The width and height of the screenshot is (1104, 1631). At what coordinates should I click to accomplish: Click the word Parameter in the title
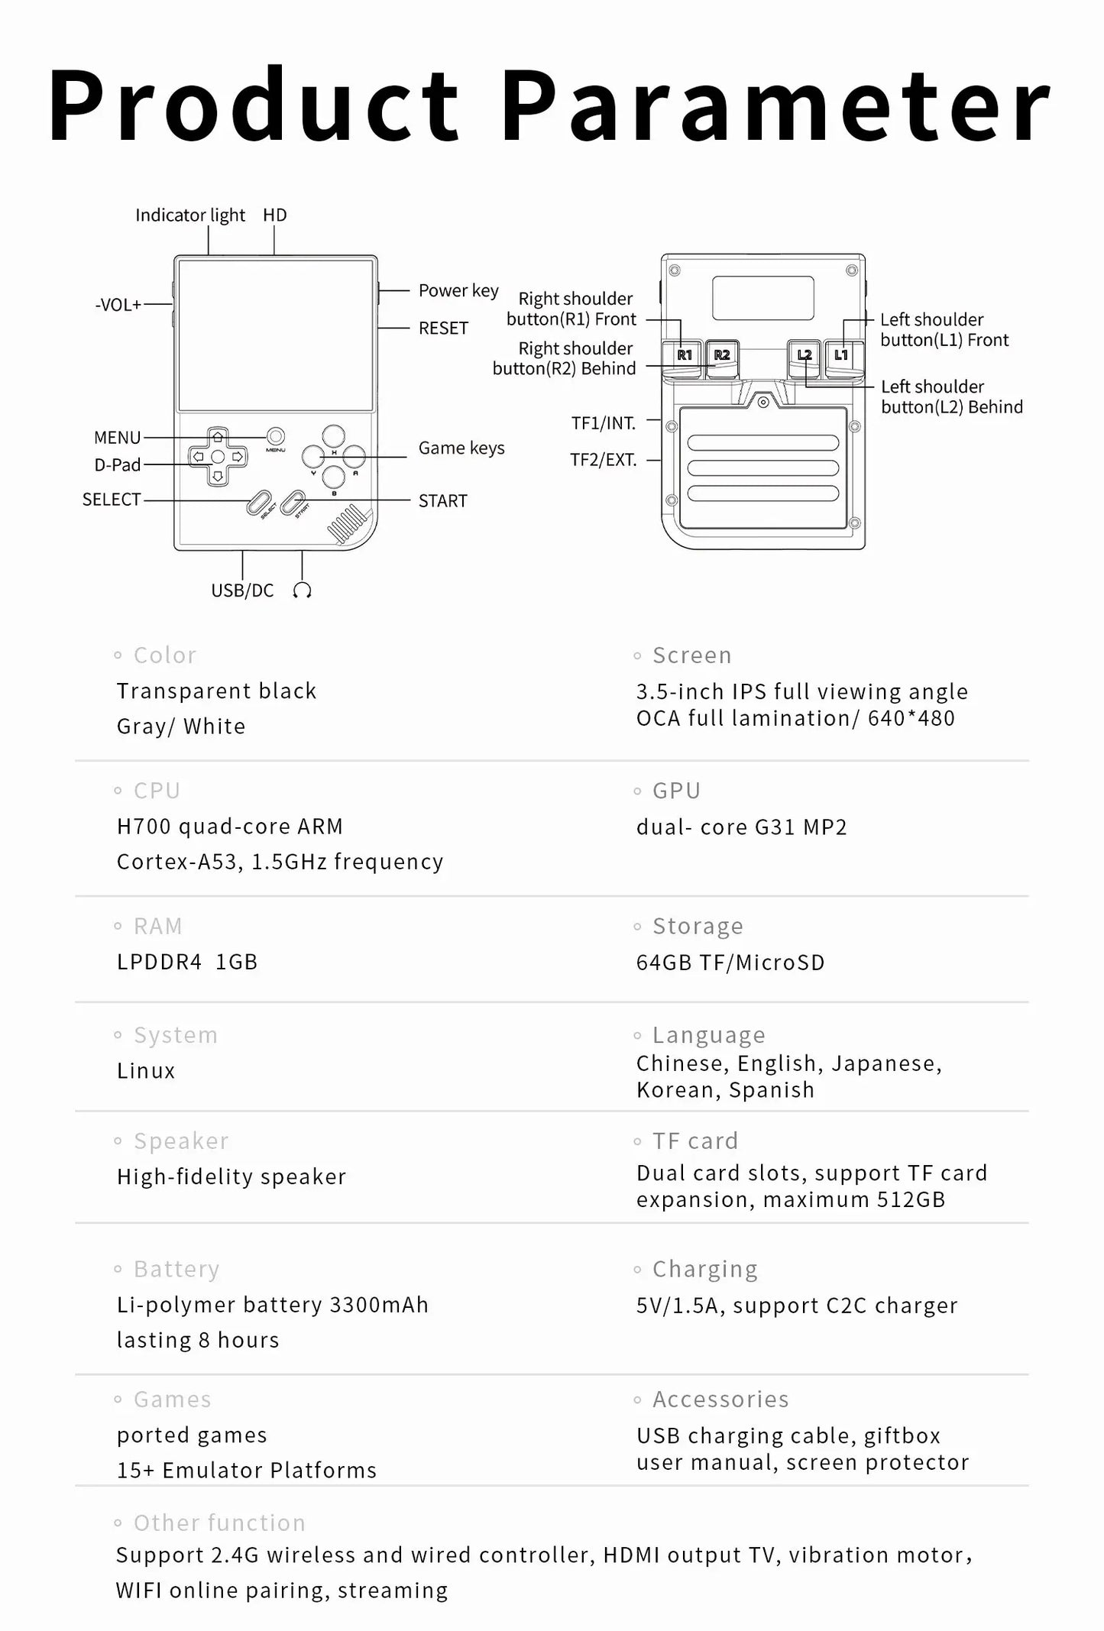click(776, 107)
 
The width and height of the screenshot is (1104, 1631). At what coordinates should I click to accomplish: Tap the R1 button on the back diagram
click(685, 355)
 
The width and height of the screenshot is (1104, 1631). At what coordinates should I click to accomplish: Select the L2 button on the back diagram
click(804, 355)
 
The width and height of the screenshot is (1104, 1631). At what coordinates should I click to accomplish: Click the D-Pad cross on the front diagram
click(218, 457)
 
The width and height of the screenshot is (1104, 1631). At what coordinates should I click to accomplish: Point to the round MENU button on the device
click(276, 436)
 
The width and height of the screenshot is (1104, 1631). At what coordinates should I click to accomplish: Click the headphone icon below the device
click(302, 591)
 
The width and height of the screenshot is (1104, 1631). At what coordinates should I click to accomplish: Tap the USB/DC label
click(242, 591)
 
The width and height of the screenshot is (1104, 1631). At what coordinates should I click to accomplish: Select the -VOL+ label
click(118, 305)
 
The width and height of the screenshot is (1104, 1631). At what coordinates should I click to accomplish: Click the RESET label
click(443, 328)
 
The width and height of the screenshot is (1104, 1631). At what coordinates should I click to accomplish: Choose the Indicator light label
click(190, 215)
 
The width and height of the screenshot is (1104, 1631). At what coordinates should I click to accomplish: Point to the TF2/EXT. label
click(604, 460)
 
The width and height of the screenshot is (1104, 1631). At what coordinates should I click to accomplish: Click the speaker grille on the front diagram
click(348, 523)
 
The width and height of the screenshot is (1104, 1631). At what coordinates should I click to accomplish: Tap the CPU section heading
click(157, 791)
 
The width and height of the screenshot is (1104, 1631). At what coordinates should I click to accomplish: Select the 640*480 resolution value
click(911, 718)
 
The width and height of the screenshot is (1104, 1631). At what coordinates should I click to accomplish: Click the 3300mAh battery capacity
click(379, 1305)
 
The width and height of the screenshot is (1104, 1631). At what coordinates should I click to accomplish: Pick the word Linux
click(146, 1071)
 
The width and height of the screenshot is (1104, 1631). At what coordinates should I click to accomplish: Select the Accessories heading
click(720, 1400)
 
